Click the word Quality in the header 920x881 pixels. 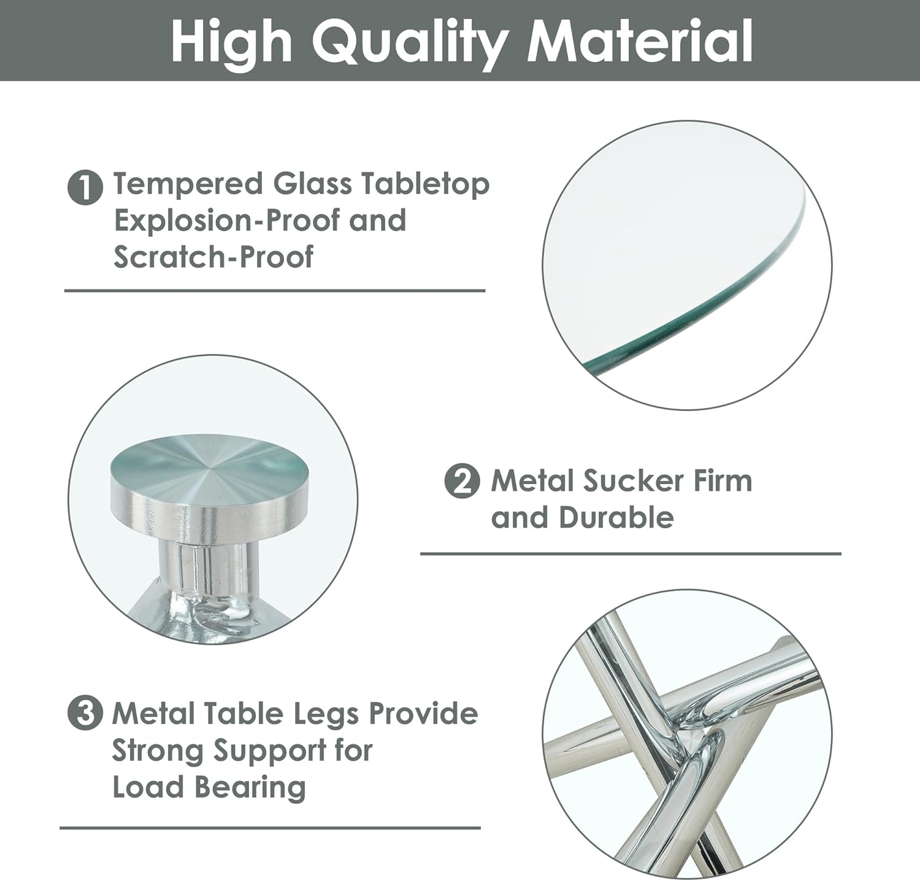pos(409,42)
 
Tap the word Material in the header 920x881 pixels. pos(640,40)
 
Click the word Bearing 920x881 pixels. pos(249,788)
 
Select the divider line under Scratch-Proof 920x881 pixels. pos(275,290)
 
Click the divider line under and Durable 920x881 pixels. pos(631,553)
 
